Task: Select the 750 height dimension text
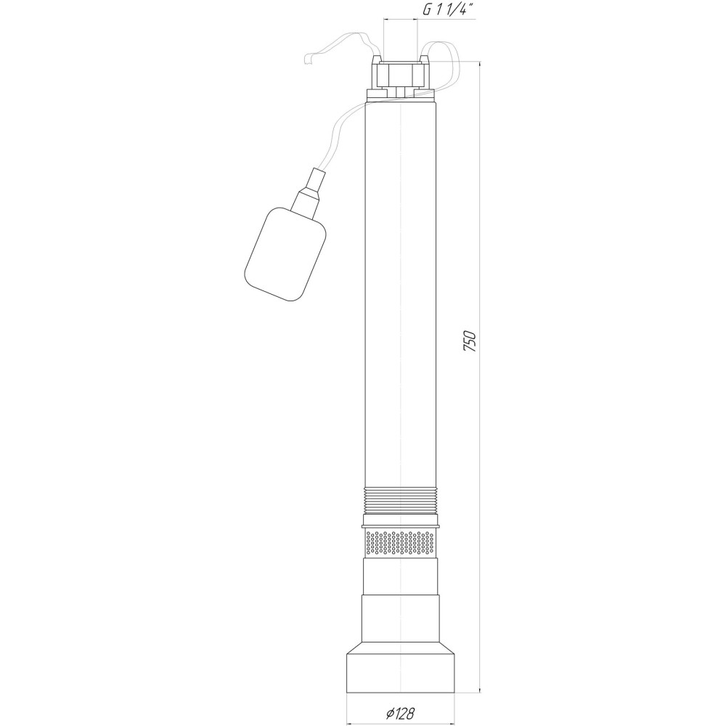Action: click(x=470, y=341)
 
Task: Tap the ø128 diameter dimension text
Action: click(x=401, y=713)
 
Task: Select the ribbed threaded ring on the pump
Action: click(x=401, y=501)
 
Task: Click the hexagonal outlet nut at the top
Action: click(x=401, y=75)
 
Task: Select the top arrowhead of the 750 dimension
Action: click(x=480, y=66)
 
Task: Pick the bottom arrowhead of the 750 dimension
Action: click(x=480, y=685)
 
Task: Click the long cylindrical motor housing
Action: click(x=401, y=290)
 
